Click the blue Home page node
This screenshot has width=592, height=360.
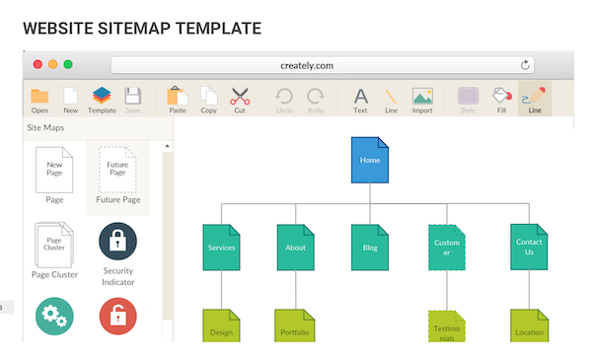pyautogui.click(x=370, y=161)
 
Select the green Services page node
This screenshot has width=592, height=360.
pyautogui.click(x=222, y=248)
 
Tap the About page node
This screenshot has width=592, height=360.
pyautogui.click(x=296, y=248)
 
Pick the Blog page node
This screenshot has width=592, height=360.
pyautogui.click(x=370, y=248)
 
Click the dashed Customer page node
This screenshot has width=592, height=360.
pyautogui.click(x=447, y=248)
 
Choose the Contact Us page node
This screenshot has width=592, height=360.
pyautogui.click(x=529, y=248)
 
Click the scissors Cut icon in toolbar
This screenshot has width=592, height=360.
pyautogui.click(x=240, y=97)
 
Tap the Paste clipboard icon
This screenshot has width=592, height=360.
pyautogui.click(x=178, y=97)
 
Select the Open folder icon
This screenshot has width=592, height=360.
pyautogui.click(x=39, y=97)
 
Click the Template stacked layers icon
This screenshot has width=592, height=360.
pyautogui.click(x=102, y=97)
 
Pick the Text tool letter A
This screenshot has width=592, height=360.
pyautogui.click(x=361, y=97)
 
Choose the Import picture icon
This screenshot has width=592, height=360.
pyautogui.click(x=422, y=97)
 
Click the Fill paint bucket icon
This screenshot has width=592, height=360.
pyautogui.click(x=501, y=97)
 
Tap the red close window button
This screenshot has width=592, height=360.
pyautogui.click(x=37, y=64)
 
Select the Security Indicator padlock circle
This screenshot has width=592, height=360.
pyautogui.click(x=118, y=241)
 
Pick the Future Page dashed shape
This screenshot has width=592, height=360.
pyautogui.click(x=117, y=169)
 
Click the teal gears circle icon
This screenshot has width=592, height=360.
pyautogui.click(x=54, y=317)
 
